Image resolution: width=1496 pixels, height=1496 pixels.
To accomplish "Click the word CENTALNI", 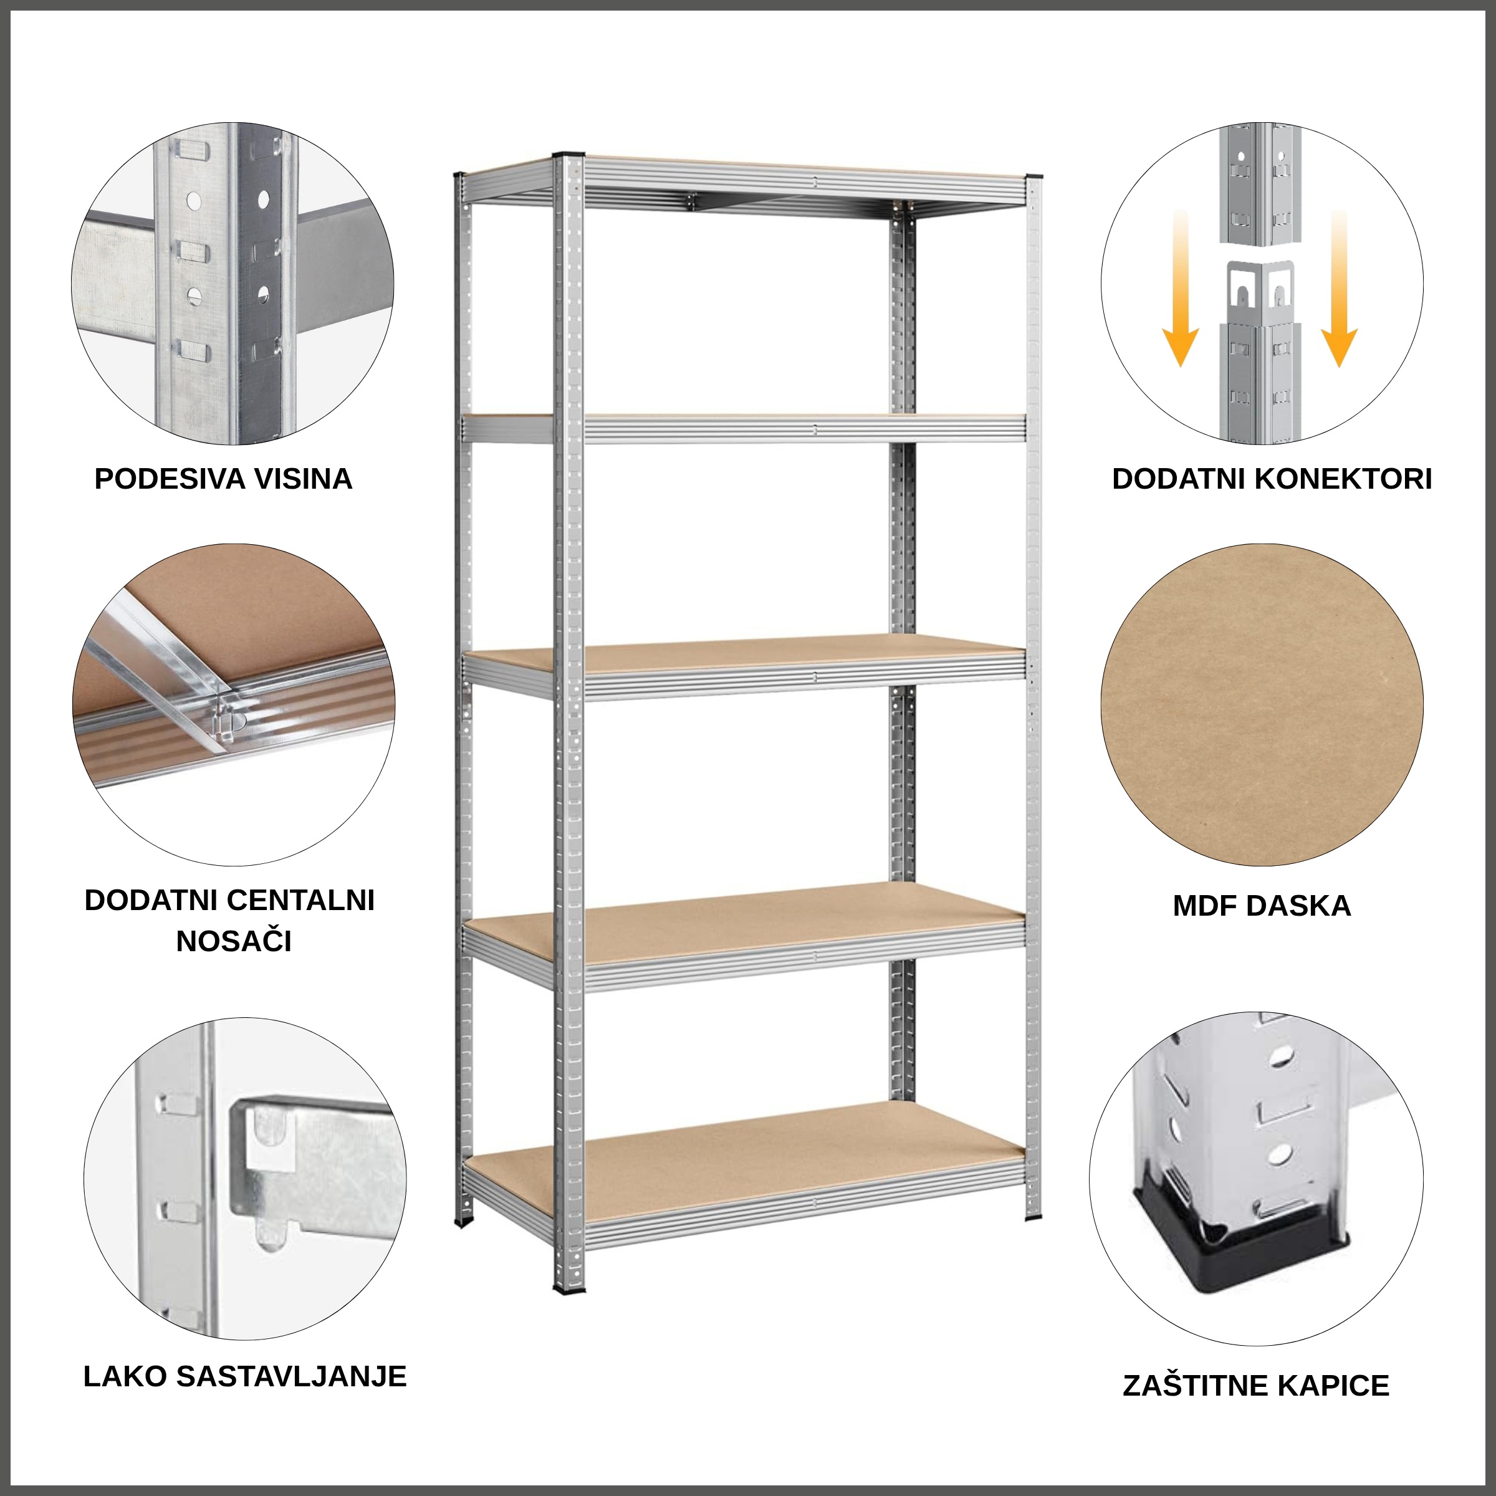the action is tap(301, 901).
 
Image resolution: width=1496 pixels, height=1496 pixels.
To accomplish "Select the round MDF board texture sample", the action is tap(1262, 704).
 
